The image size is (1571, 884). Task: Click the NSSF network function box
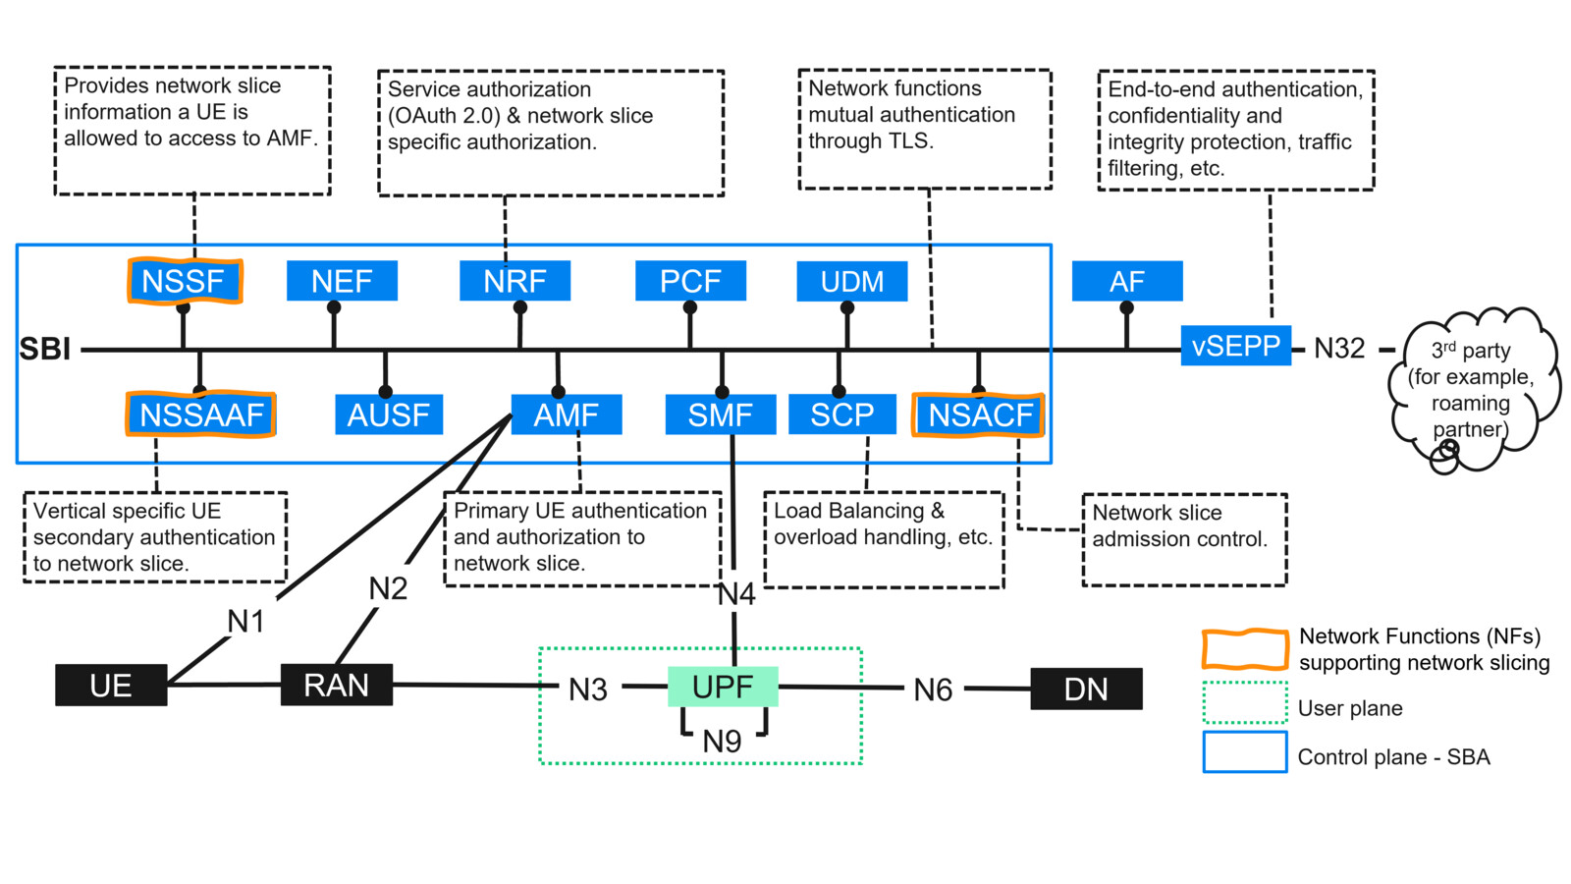click(x=184, y=282)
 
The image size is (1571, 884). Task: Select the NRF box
click(x=515, y=282)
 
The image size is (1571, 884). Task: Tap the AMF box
click(x=566, y=414)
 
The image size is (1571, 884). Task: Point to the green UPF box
click(x=723, y=687)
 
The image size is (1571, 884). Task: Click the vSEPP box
click(x=1235, y=346)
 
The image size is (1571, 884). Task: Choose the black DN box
click(x=1086, y=690)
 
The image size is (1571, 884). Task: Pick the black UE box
click(x=111, y=686)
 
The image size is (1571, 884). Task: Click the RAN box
click(x=337, y=685)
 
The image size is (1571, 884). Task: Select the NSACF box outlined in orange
click(x=978, y=414)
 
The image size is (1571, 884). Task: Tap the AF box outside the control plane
click(x=1126, y=282)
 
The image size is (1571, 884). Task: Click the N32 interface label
click(x=1339, y=349)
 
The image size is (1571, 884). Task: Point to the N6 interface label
click(x=933, y=691)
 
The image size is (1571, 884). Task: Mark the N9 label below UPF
click(x=723, y=742)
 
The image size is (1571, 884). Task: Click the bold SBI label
click(x=45, y=350)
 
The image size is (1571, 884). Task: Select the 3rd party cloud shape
click(x=1471, y=388)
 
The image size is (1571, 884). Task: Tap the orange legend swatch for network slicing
click(x=1245, y=649)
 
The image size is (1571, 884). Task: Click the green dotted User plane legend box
click(x=1245, y=703)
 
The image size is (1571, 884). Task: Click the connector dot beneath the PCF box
click(x=690, y=307)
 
